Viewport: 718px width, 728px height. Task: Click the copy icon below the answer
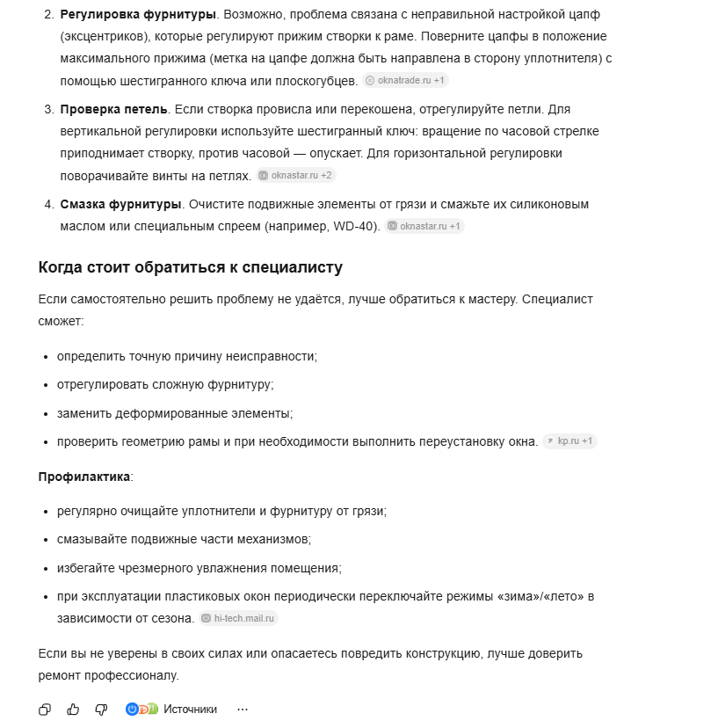[x=45, y=709]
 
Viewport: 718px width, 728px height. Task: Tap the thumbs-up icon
[x=73, y=709]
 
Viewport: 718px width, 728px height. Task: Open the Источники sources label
[x=190, y=709]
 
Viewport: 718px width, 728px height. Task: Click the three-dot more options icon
[x=243, y=709]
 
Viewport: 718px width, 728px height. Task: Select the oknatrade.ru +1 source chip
[x=406, y=80]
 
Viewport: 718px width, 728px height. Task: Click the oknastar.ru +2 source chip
[x=296, y=175]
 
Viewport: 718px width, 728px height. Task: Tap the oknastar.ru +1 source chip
[x=424, y=226]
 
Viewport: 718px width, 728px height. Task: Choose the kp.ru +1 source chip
[x=569, y=440]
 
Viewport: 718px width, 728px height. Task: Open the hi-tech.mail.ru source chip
[x=239, y=618]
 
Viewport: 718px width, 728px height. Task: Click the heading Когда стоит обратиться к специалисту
[x=190, y=267]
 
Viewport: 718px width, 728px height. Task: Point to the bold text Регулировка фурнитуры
[x=138, y=15]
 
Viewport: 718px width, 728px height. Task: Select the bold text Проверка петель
[x=113, y=109]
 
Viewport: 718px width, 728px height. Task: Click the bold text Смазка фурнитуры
[x=120, y=204]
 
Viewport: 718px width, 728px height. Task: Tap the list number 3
[x=48, y=109]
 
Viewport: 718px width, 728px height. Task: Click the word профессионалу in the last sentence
[x=127, y=675]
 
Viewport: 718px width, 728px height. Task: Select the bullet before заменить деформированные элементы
[x=46, y=413]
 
